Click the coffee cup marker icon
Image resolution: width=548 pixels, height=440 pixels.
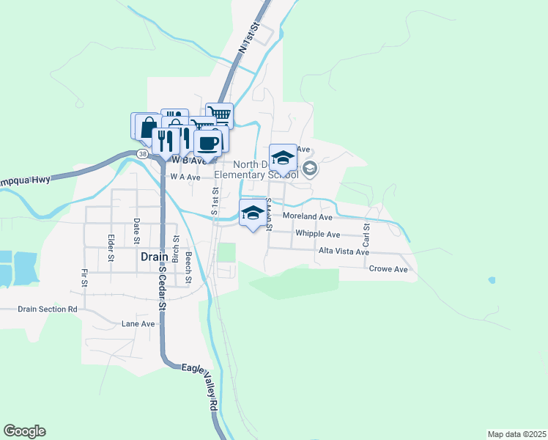(208, 142)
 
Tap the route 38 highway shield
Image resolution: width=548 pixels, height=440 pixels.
(141, 154)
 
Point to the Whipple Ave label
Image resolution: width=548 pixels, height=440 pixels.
(317, 234)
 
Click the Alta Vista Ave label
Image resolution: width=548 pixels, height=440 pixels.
(344, 252)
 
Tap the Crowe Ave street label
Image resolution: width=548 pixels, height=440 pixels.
(388, 269)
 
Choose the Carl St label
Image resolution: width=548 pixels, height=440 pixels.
(366, 235)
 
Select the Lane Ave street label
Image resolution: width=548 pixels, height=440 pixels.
(138, 323)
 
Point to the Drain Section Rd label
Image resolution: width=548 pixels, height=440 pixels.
(48, 309)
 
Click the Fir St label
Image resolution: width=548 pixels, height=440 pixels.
(84, 277)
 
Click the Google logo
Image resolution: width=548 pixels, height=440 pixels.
(24, 431)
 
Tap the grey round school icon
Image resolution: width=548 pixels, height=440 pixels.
(310, 169)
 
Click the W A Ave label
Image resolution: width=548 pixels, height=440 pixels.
(185, 177)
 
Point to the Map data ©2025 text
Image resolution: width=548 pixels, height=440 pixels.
(516, 434)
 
